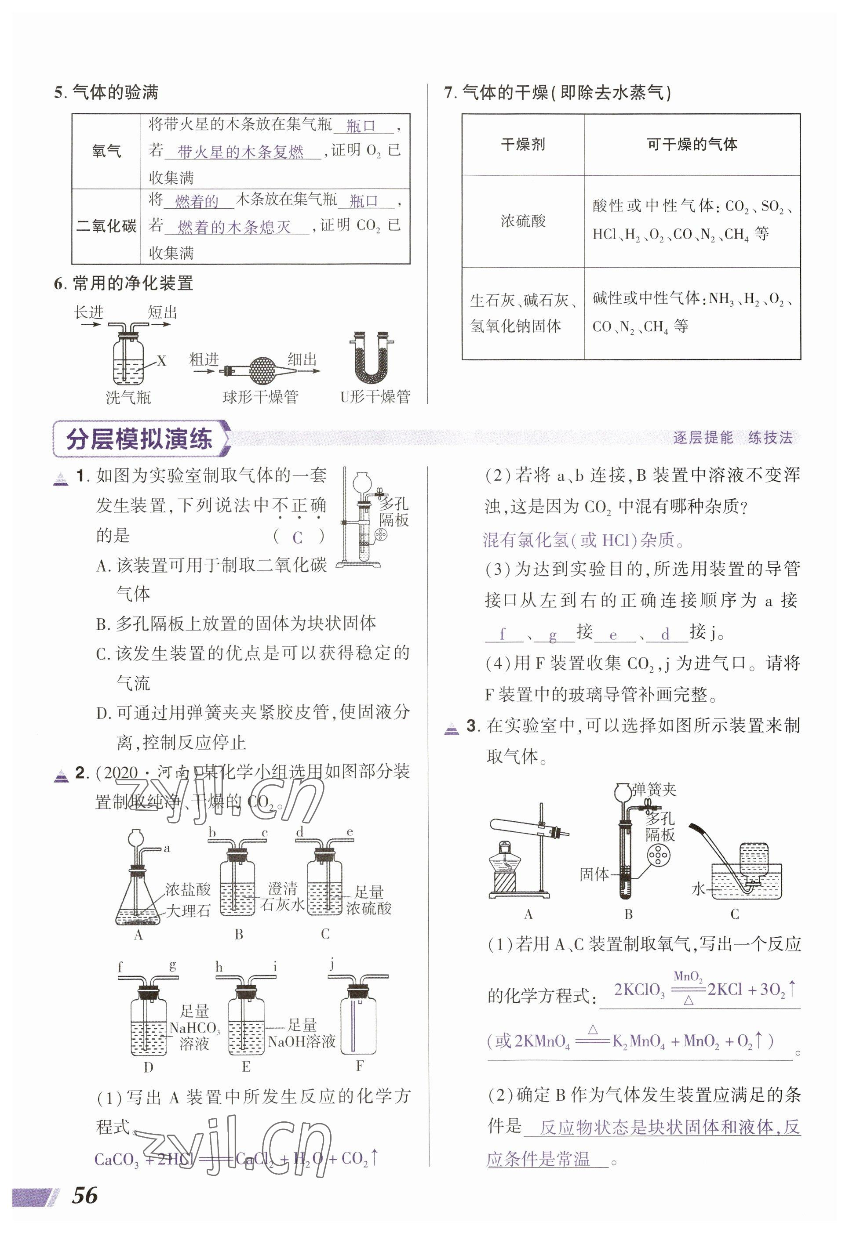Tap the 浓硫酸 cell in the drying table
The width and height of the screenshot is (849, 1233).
523,221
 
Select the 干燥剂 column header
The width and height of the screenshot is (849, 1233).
523,144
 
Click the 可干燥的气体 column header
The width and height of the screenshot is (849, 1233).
692,144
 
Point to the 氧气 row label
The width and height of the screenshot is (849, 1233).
106,151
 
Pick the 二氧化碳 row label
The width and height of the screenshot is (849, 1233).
106,226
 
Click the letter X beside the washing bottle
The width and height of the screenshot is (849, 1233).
162,361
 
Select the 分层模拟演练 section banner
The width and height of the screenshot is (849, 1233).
139,439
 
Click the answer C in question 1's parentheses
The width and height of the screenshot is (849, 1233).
297,537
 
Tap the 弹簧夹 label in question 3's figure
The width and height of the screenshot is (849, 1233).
654,790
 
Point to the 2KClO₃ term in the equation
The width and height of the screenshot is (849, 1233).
639,990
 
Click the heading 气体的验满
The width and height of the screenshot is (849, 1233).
114,93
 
